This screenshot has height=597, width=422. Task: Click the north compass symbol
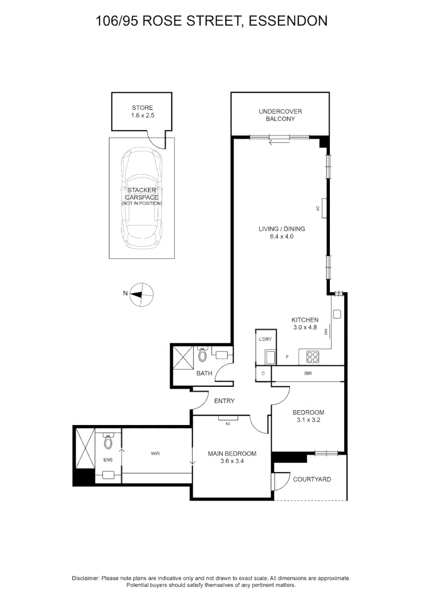coord(141,294)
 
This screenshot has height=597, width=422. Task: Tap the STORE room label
coord(143,108)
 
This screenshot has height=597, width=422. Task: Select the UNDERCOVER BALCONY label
coord(281,115)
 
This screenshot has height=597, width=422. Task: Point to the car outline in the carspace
coord(142,197)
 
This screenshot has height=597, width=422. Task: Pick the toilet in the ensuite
coord(108,441)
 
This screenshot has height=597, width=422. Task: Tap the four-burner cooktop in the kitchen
coord(313,357)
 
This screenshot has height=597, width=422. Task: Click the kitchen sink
coord(337,314)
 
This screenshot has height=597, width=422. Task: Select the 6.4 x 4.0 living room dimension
coord(282,237)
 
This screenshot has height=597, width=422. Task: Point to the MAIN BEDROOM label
coord(232,453)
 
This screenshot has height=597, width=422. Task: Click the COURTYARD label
coord(312,479)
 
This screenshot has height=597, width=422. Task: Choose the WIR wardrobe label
coord(155,453)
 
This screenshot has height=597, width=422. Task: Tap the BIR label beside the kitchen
coord(308,374)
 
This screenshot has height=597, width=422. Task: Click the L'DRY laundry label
coord(265,339)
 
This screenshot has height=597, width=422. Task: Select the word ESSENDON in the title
coord(288,20)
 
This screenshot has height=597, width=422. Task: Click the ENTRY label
coord(224,401)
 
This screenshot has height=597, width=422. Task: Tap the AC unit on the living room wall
coord(325,208)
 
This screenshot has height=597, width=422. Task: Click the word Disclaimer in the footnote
coord(86,578)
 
